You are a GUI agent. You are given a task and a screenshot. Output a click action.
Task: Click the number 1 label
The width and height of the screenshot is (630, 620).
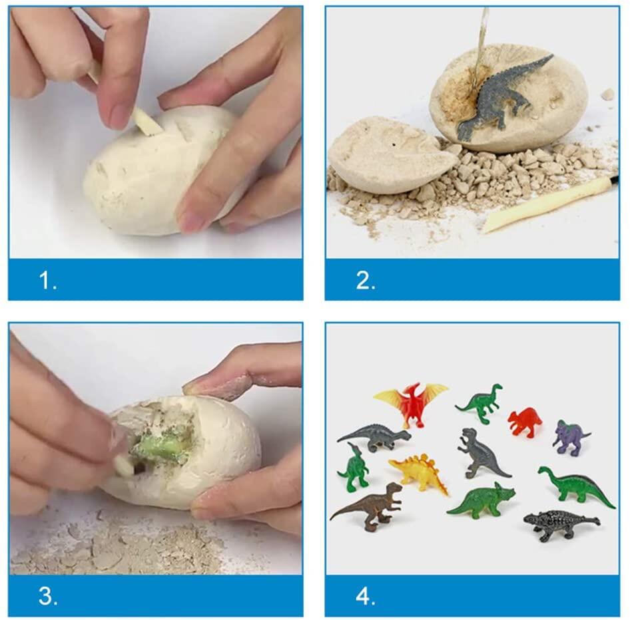pyautogui.click(x=48, y=281)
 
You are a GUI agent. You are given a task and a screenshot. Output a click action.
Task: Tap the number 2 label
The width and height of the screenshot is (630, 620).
pyautogui.click(x=366, y=281)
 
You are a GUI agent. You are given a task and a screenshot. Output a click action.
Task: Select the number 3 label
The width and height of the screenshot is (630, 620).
pyautogui.click(x=48, y=596)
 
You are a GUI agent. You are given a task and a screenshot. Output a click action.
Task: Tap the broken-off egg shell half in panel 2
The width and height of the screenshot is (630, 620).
pyautogui.click(x=392, y=154)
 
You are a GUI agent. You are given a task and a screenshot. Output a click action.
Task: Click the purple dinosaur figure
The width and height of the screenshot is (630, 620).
pyautogui.click(x=570, y=438)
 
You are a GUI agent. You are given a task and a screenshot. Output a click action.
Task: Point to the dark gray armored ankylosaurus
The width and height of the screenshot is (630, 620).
pyautogui.click(x=561, y=524)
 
